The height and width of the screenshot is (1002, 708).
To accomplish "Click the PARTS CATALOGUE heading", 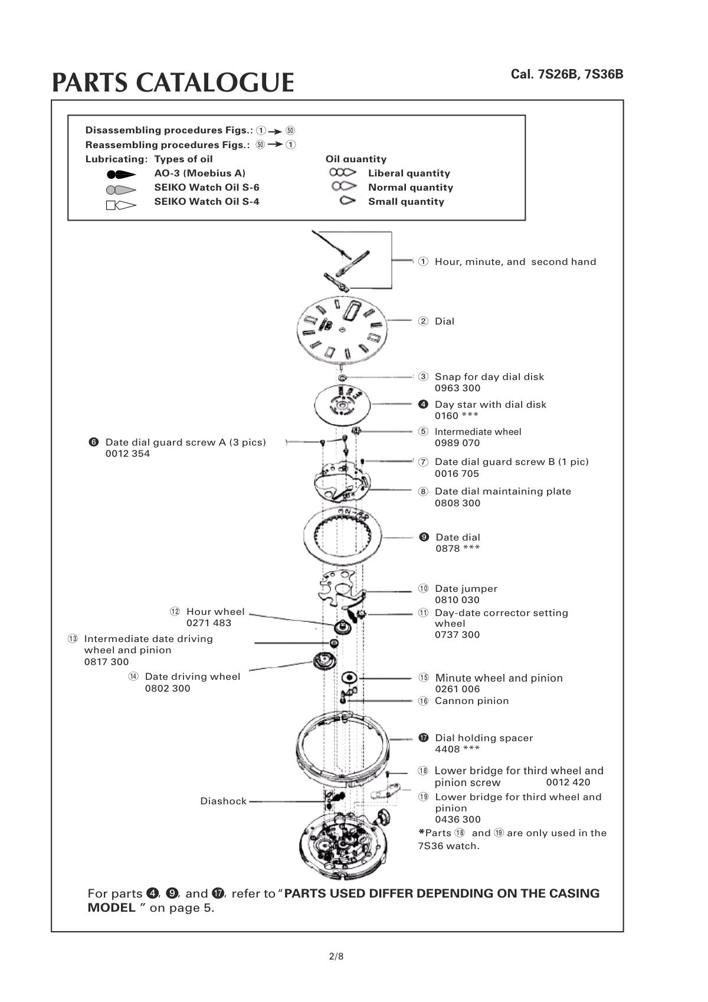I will [173, 83].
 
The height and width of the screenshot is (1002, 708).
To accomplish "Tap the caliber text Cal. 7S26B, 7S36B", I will [566, 74].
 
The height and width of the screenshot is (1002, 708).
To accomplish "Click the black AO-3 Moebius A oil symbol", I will [121, 174].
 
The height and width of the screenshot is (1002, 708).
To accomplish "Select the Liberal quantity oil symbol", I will [343, 173].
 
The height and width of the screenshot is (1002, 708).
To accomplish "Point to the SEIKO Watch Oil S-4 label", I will [206, 202].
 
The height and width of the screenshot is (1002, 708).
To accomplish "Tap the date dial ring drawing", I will [343, 537].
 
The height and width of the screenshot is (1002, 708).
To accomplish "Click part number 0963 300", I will [457, 388].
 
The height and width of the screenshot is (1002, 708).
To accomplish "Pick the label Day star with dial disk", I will [490, 405].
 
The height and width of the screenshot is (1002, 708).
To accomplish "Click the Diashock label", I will [223, 801].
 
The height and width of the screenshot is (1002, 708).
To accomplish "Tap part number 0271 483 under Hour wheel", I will [209, 623].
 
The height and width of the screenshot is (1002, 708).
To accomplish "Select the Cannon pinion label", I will [471, 701].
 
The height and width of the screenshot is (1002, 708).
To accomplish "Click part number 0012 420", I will [568, 782].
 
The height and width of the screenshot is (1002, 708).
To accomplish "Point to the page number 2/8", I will [336, 957].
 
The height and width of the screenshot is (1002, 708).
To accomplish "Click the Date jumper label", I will [466, 589].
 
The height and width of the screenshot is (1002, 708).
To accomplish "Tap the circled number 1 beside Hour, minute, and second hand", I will [423, 261].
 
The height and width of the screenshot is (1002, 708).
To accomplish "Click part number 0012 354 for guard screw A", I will [127, 454].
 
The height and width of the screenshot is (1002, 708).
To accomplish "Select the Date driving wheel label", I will [192, 677].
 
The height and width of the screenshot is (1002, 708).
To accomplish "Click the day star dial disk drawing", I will [342, 405].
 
